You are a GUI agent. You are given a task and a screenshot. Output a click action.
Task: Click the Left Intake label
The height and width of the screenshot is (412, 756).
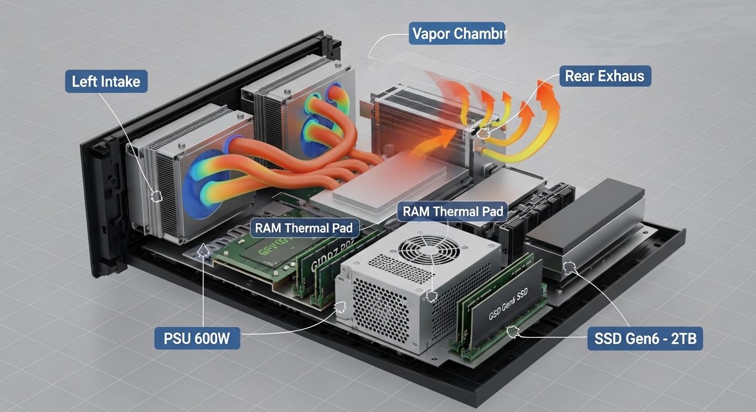click(106, 82)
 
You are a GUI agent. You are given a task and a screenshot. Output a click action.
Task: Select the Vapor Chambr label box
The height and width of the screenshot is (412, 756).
click(457, 33)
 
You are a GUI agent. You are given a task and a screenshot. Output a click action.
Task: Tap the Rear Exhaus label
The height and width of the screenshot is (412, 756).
click(605, 76)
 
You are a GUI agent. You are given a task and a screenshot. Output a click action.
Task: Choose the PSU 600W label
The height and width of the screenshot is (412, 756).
click(197, 339)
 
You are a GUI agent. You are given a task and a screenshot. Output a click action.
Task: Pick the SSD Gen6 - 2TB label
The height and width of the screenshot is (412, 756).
click(644, 339)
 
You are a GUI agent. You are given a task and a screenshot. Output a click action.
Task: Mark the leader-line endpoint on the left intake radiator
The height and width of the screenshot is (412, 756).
click(156, 196)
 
